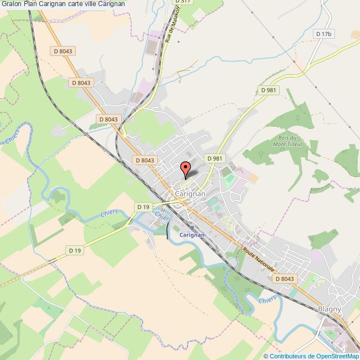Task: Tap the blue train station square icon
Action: (x=192, y=227)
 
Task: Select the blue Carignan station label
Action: (x=192, y=235)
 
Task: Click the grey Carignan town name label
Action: (x=189, y=194)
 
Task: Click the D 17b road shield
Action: (x=323, y=34)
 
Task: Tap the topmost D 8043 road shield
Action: (x=63, y=51)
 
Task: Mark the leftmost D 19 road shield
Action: (x=75, y=251)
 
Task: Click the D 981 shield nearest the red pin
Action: (x=215, y=158)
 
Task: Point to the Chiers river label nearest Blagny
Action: (x=268, y=299)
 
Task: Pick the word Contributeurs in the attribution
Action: (x=289, y=356)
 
